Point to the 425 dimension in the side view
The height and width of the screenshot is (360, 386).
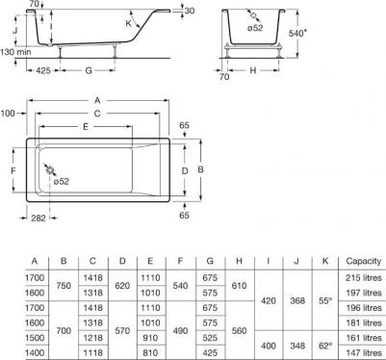pyautogui.click(x=39, y=70)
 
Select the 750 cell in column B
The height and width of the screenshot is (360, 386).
pyautogui.click(x=64, y=285)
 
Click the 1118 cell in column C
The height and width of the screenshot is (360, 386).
pyautogui.click(x=93, y=353)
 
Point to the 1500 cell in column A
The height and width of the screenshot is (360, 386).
pyautogui.click(x=34, y=338)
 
